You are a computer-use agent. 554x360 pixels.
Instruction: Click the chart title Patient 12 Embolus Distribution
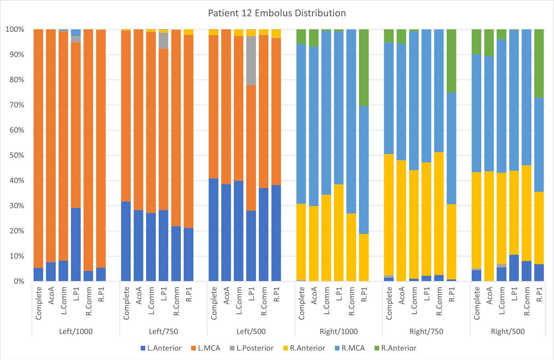tap(277, 13)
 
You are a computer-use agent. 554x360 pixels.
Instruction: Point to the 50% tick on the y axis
tap(15, 155)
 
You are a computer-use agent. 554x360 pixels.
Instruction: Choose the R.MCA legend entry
tap(353, 348)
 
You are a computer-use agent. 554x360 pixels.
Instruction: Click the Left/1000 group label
tap(75, 331)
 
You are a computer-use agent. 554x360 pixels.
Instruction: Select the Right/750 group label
tap(426, 331)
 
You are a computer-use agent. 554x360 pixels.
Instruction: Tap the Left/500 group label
tap(251, 331)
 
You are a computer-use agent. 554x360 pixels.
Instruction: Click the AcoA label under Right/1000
tap(314, 295)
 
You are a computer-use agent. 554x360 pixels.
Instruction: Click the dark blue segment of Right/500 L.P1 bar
tap(514, 268)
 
